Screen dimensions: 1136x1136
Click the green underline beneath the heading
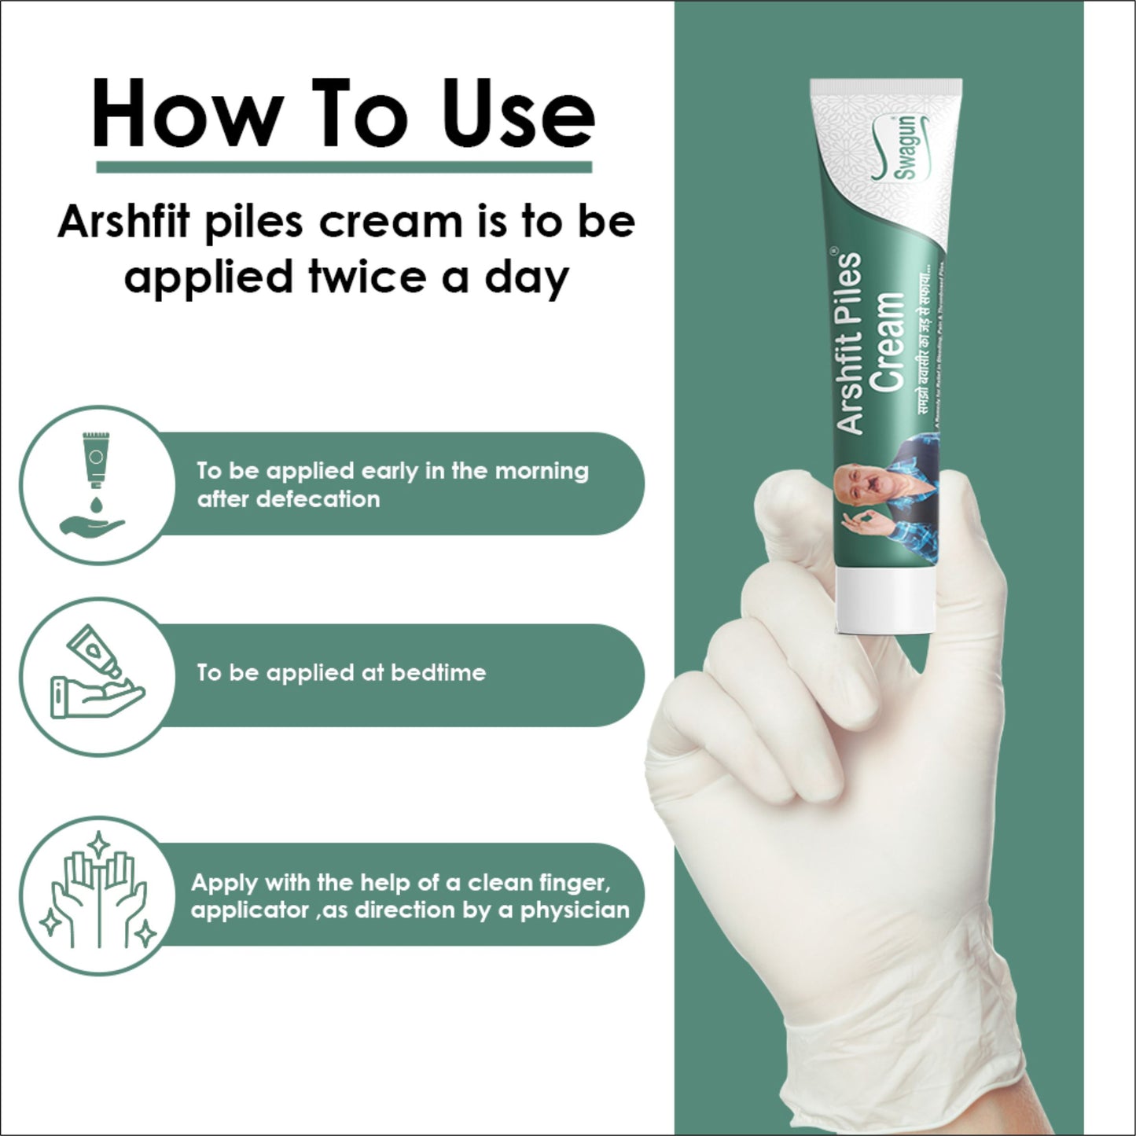[x=344, y=167]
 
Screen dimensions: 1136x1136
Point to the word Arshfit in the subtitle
[x=123, y=222]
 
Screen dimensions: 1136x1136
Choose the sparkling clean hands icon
[x=98, y=893]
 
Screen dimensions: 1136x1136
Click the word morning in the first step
[x=542, y=471]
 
